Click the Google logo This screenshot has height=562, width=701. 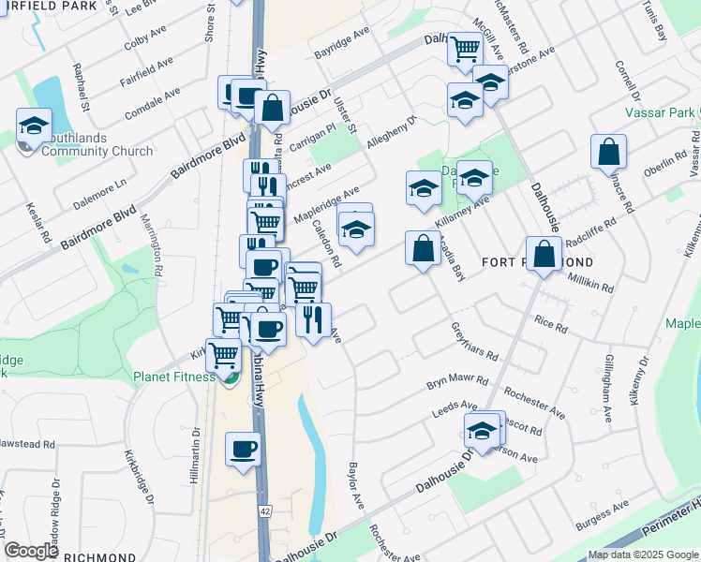31,550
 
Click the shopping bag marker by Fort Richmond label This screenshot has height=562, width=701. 544,254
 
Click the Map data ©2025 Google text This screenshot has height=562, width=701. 642,555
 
